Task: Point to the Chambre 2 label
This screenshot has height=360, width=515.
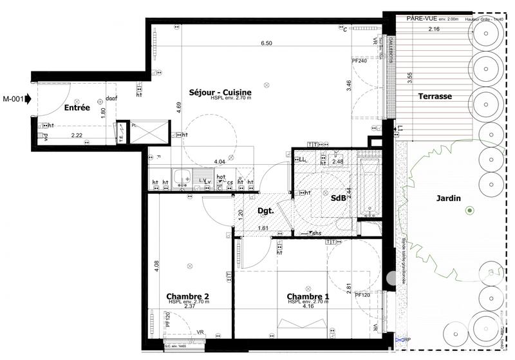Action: (x=187, y=297)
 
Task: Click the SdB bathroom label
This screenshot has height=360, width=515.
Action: (x=338, y=198)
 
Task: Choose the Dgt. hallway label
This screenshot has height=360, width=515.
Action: (x=266, y=211)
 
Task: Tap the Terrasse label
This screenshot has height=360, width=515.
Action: (x=435, y=96)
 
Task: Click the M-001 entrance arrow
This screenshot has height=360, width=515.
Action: (x=18, y=99)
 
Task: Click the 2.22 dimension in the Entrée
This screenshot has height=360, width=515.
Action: (x=77, y=135)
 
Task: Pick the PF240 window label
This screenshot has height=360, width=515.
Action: (x=359, y=61)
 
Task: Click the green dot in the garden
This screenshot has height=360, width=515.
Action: (x=470, y=211)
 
